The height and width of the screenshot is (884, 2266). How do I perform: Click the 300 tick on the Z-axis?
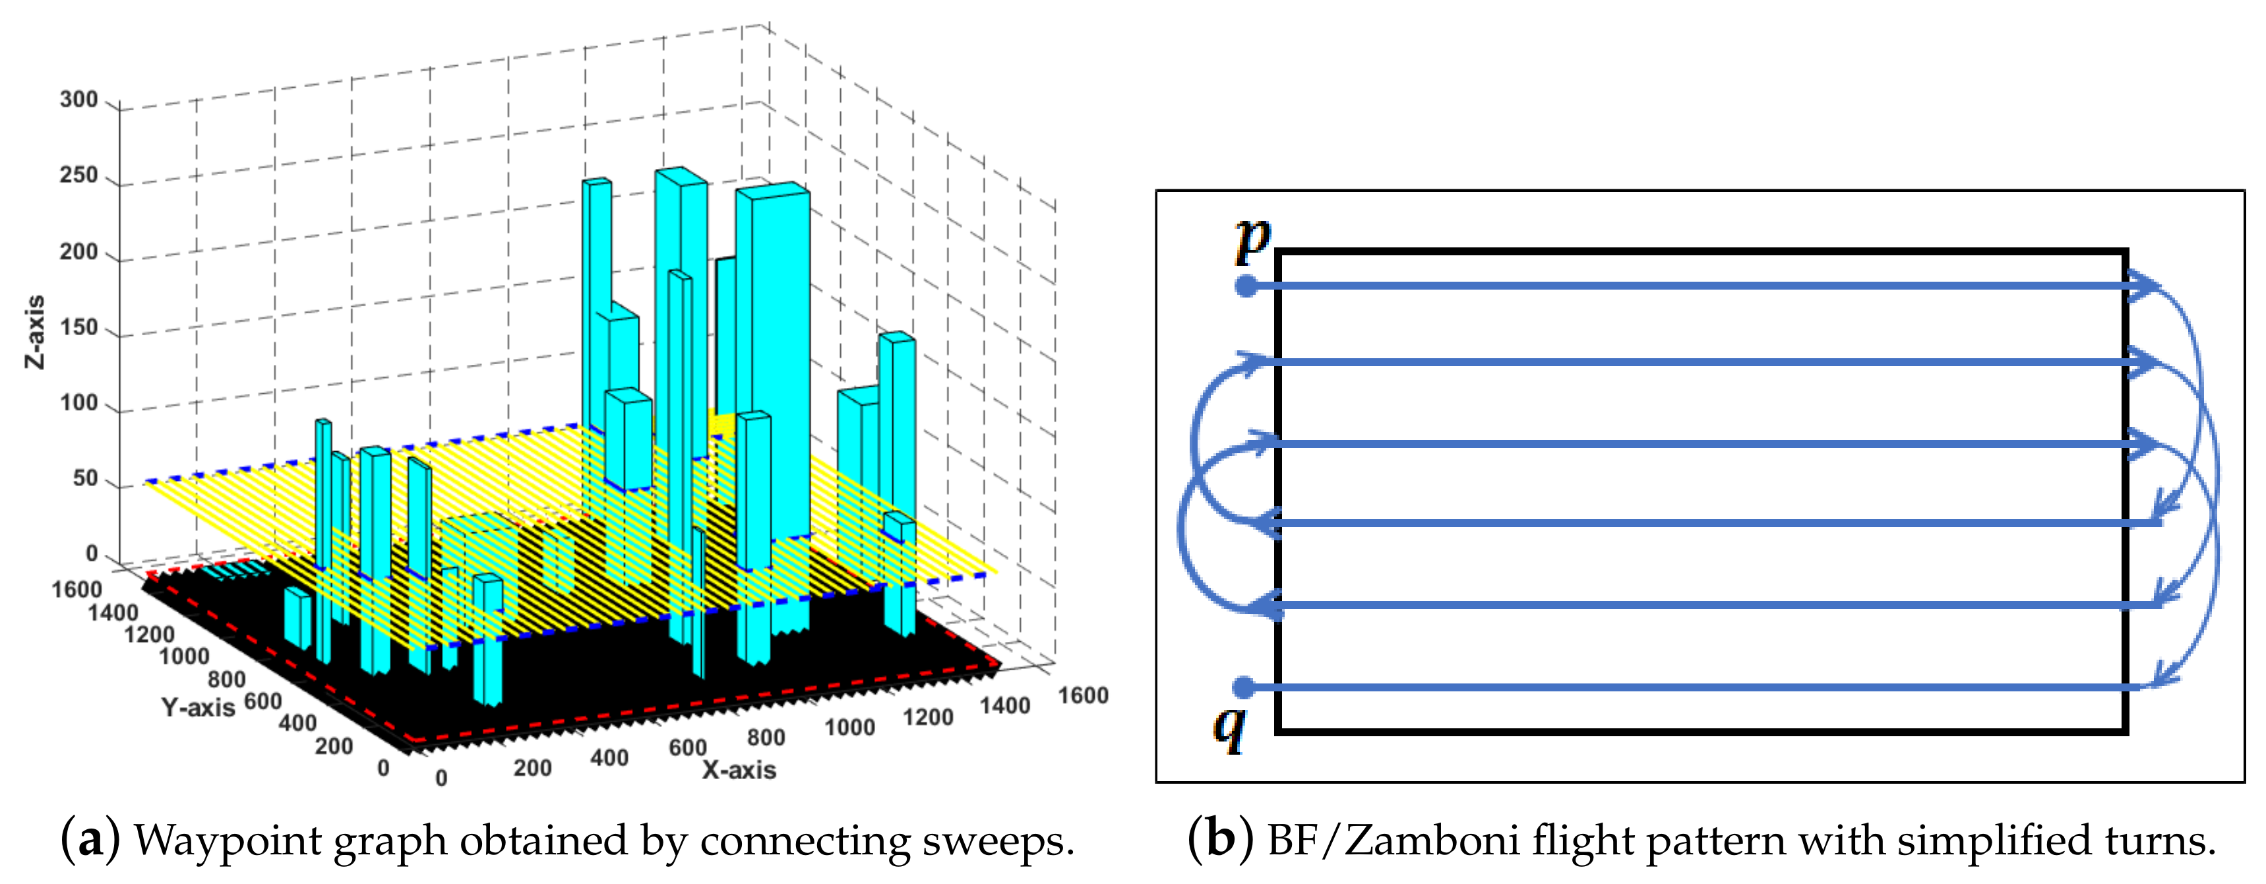pos(78,100)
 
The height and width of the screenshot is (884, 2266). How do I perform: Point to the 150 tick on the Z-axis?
pos(78,327)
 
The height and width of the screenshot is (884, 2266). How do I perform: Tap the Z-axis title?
pos(34,332)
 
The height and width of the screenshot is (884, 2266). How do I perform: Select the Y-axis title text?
pos(198,707)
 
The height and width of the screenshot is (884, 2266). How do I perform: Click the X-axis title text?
pos(739,771)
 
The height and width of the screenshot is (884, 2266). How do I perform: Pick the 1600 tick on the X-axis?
pos(1082,696)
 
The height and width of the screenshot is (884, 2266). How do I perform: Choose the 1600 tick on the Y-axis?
pos(77,589)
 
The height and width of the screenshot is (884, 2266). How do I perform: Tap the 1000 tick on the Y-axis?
pos(184,656)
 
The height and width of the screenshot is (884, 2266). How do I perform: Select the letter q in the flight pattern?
pos(1229,728)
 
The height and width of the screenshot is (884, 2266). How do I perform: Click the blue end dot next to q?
pos(1243,687)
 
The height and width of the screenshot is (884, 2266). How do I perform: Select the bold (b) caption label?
pos(1220,839)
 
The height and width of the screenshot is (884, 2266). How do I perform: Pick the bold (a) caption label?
pos(90,839)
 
